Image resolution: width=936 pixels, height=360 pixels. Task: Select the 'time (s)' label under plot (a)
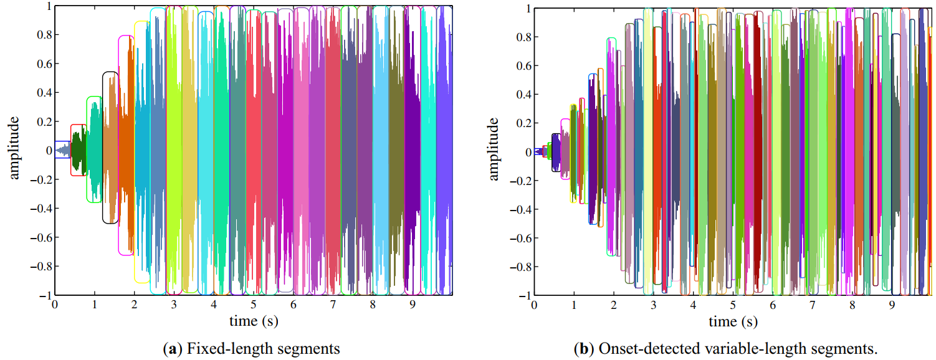click(x=253, y=321)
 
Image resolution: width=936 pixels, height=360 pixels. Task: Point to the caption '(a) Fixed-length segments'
click(x=251, y=349)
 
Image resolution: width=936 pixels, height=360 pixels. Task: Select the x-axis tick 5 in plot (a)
click(x=253, y=305)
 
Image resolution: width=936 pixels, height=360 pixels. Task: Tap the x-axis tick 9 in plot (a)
click(x=412, y=305)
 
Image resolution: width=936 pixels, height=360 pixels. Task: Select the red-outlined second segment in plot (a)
click(x=78, y=149)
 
